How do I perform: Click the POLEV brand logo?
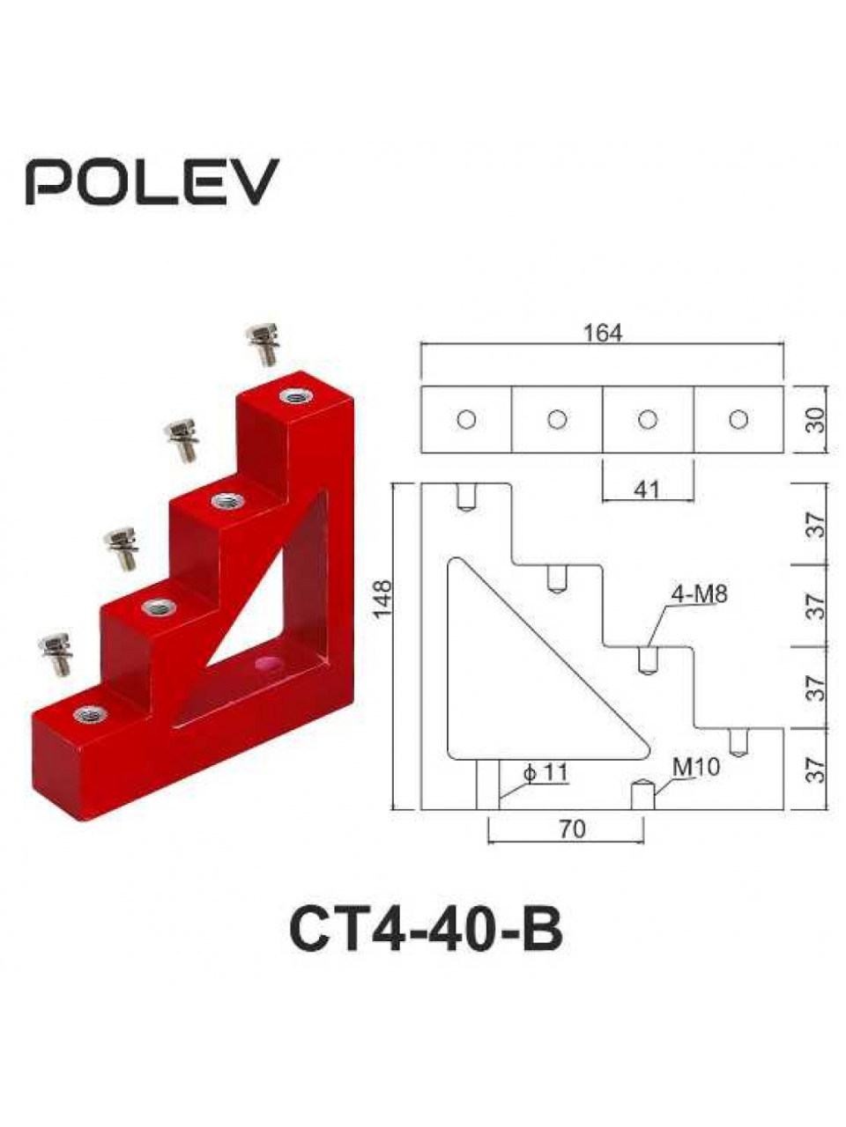[x=152, y=181]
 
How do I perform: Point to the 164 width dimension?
[x=603, y=333]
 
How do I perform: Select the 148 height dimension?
[x=383, y=599]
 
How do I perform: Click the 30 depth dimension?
[x=815, y=419]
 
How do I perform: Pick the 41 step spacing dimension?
[x=646, y=490]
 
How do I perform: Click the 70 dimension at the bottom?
[x=572, y=829]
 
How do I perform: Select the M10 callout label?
[x=696, y=767]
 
